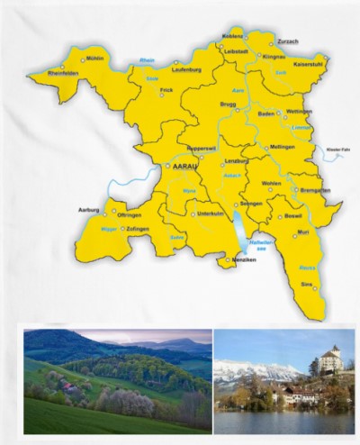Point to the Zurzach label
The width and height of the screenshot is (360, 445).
288,41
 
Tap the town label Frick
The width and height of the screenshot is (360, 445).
166,91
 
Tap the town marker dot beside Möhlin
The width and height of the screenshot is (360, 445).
84,59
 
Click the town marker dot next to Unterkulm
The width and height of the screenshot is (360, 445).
191,214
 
